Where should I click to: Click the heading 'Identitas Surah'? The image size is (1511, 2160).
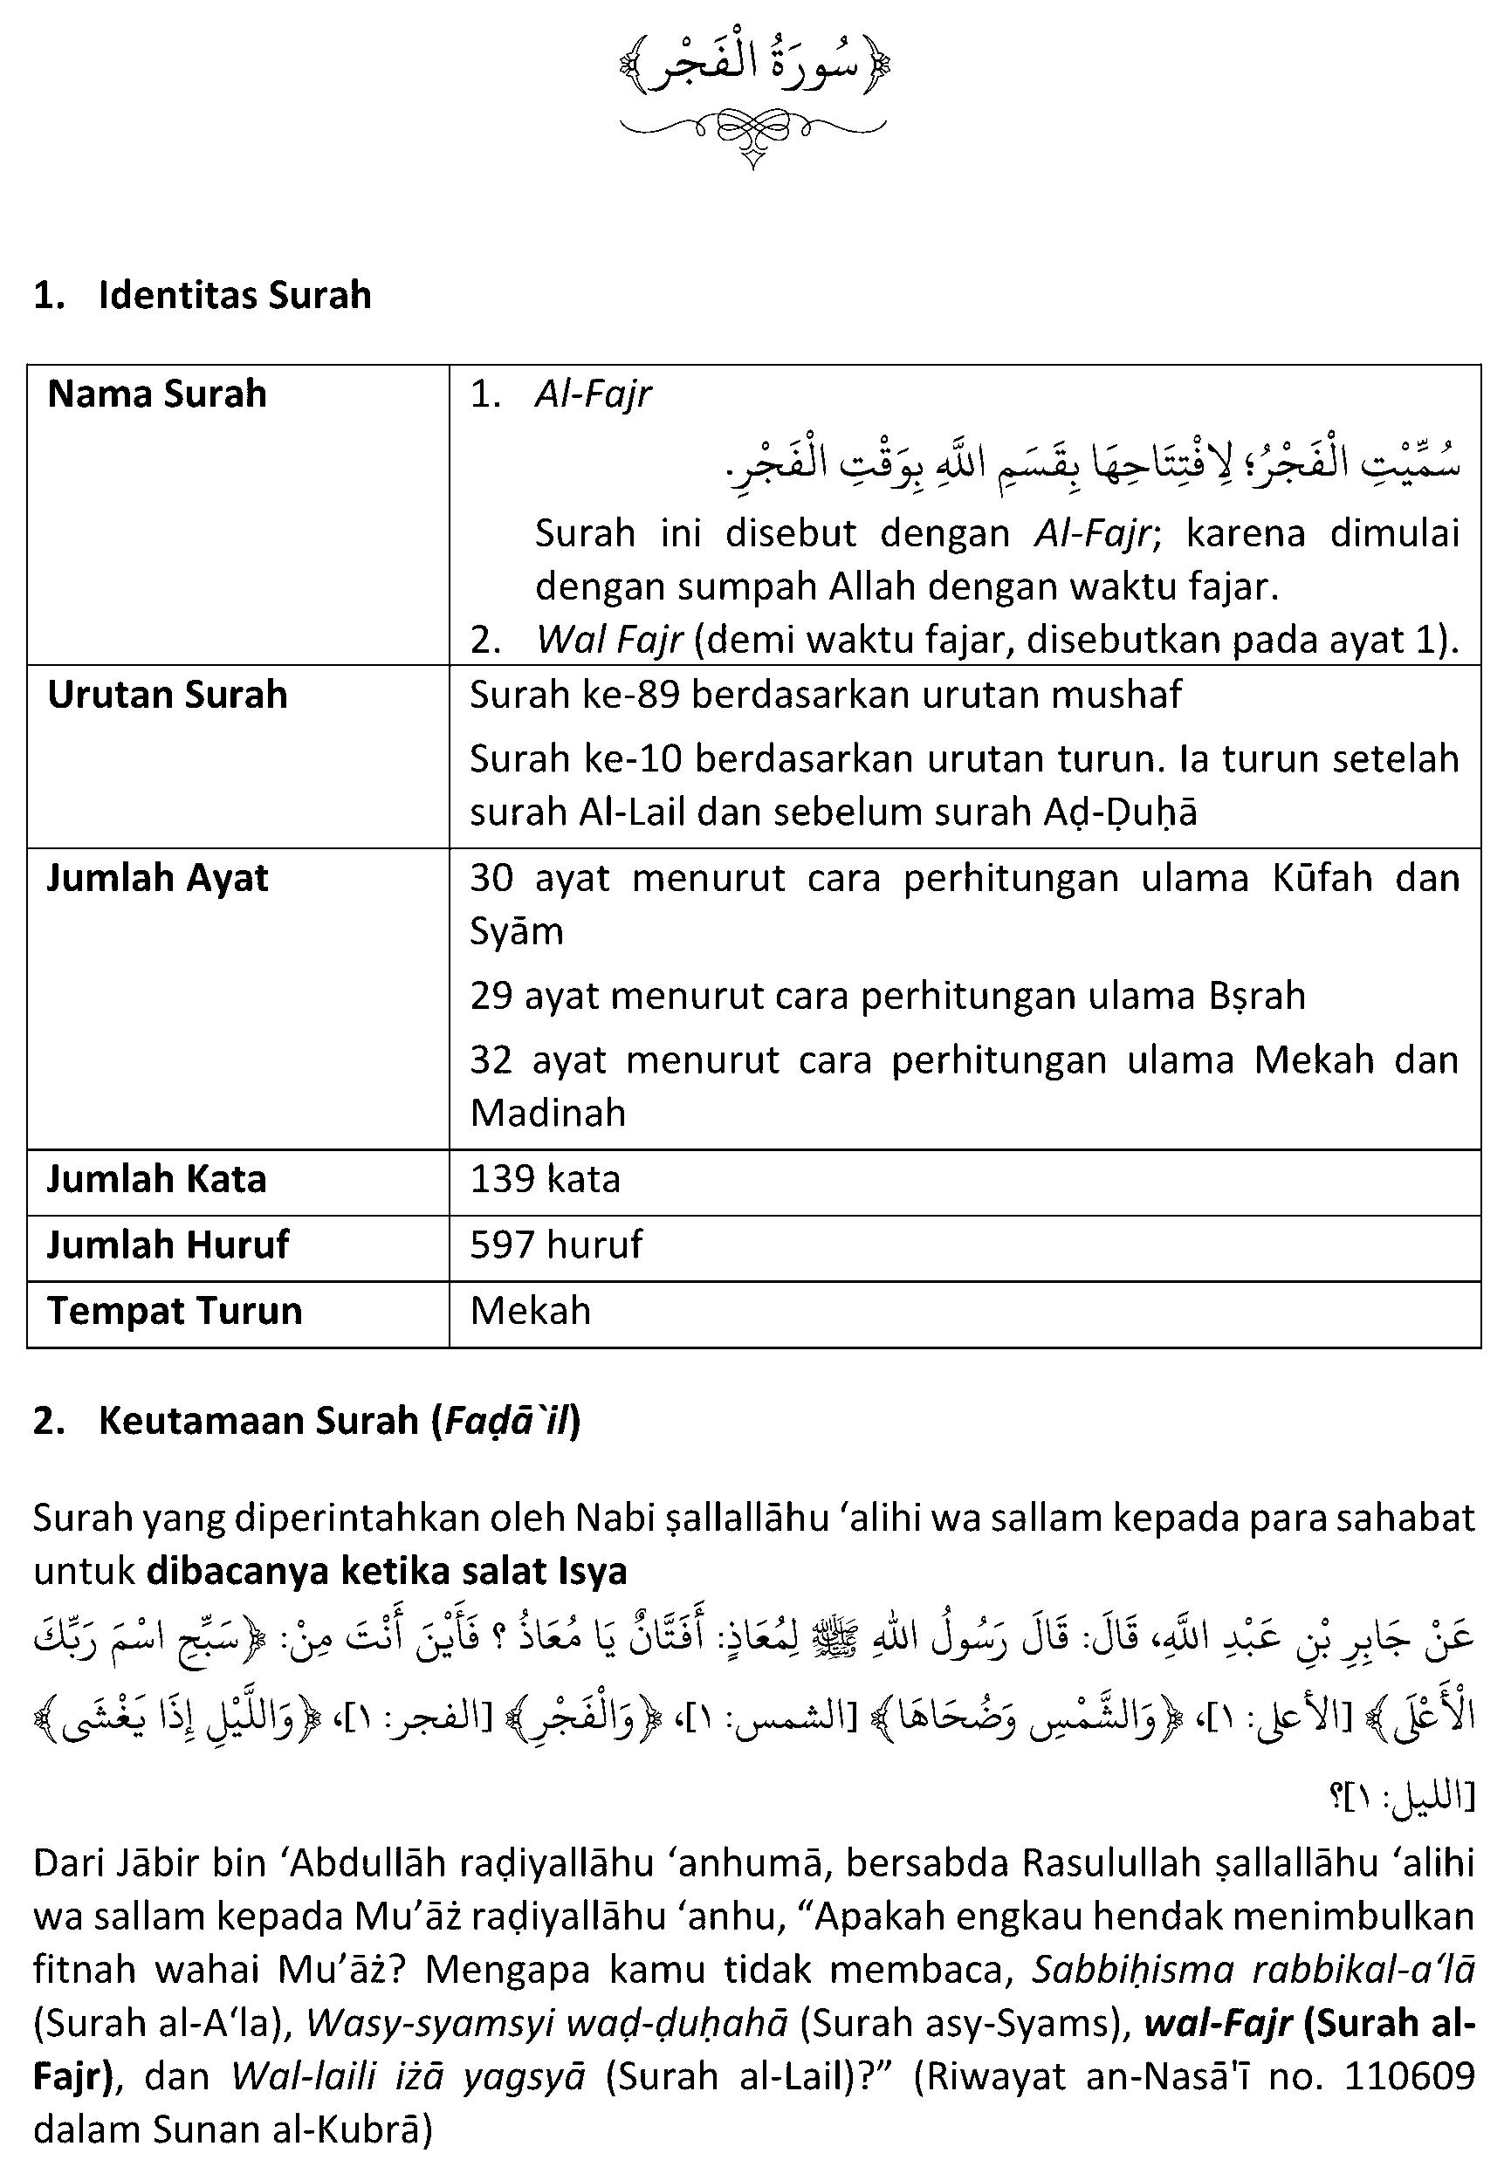[234, 295]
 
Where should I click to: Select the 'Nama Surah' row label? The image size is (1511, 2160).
[157, 394]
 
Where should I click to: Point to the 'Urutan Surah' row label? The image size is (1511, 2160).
[167, 696]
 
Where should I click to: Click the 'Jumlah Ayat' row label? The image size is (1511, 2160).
[157, 879]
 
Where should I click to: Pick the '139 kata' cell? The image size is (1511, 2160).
[546, 1180]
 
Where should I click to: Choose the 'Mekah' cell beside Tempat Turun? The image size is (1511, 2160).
[531, 1312]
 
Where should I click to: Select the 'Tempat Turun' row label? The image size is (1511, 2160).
[174, 1312]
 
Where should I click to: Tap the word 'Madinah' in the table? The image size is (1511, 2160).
[547, 1114]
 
